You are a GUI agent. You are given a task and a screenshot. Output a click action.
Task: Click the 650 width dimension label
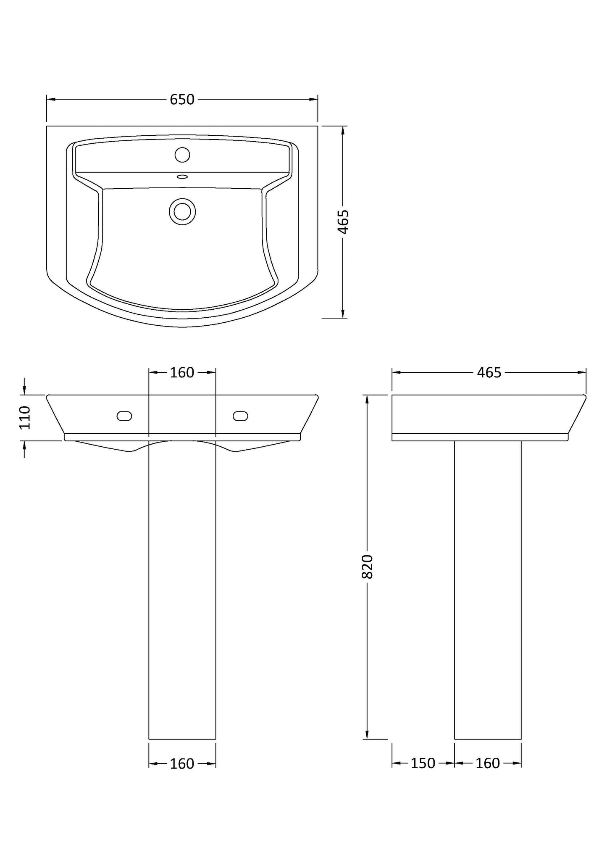(x=182, y=100)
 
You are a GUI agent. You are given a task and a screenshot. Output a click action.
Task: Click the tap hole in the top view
(x=182, y=155)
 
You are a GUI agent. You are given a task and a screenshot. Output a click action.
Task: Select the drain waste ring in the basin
(x=182, y=211)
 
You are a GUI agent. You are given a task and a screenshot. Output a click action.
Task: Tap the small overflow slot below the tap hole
(x=182, y=177)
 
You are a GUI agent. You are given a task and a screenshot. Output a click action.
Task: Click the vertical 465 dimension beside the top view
(x=343, y=221)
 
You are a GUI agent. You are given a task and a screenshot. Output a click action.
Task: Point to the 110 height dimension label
(x=25, y=417)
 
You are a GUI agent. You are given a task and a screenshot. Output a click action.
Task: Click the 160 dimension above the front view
(x=182, y=372)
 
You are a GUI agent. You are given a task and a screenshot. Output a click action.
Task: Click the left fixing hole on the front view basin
(x=124, y=416)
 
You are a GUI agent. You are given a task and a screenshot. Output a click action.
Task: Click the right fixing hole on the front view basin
(x=240, y=416)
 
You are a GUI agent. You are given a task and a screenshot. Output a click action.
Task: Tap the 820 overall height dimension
(x=368, y=566)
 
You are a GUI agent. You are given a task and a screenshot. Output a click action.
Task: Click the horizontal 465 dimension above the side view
(x=489, y=372)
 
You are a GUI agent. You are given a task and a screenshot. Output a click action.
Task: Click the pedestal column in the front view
(x=182, y=588)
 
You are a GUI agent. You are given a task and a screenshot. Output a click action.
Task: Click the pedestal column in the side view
(x=488, y=588)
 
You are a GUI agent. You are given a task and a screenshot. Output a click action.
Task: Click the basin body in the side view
(x=483, y=414)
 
